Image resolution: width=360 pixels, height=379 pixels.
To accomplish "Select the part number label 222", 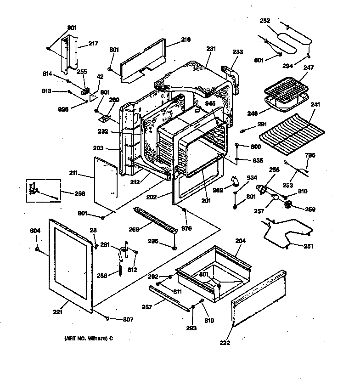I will [x=225, y=343].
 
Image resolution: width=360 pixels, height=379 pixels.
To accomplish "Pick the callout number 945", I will [x=210, y=103].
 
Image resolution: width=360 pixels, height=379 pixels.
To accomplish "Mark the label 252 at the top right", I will [x=265, y=21].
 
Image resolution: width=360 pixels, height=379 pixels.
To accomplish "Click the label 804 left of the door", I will [x=36, y=231].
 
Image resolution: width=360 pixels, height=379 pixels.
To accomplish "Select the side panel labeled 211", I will [x=104, y=181].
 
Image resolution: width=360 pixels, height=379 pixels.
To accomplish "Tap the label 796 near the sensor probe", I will [x=310, y=155].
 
